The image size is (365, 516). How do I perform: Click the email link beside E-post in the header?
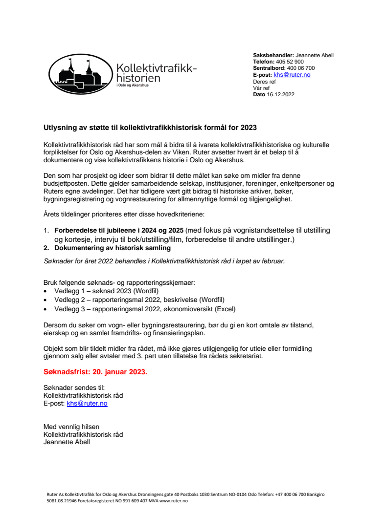click(292, 75)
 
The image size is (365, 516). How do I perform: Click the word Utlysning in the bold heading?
click(58, 128)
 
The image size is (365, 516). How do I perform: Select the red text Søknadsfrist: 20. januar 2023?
click(95, 372)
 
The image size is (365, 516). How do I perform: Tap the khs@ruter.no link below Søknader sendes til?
click(87, 403)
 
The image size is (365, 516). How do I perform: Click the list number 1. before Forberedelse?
click(46, 230)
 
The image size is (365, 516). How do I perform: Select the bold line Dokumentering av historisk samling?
click(113, 248)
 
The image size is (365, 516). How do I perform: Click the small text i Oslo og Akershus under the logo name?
click(132, 86)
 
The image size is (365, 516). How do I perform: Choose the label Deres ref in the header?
click(264, 82)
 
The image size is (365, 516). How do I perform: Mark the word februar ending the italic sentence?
click(272, 261)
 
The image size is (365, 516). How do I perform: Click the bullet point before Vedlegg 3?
click(46, 309)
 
